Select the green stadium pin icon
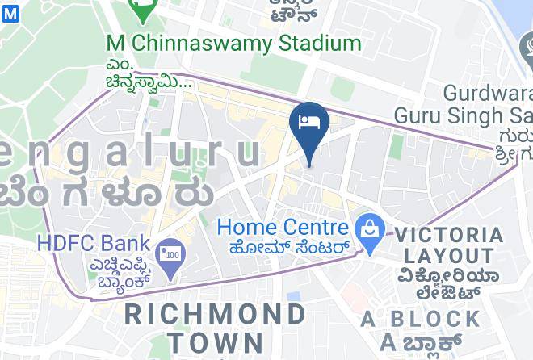(x=143, y=10)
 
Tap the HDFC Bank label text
(x=94, y=242)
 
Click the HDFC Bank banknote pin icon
(x=171, y=257)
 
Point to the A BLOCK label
(x=421, y=318)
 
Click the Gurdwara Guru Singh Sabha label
(x=464, y=103)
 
